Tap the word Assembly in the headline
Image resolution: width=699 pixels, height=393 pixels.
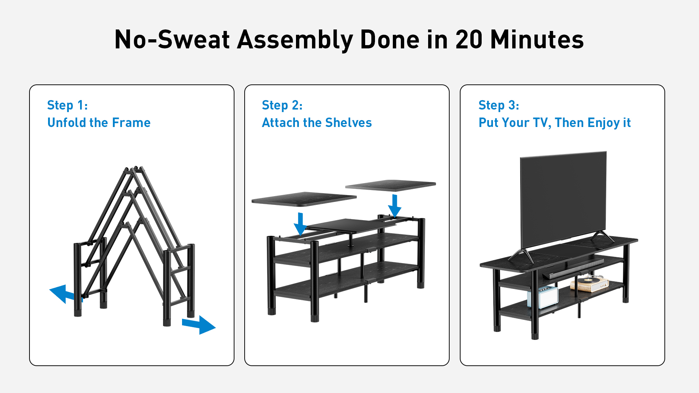click(x=295, y=40)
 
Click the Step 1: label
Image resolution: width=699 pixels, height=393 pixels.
click(x=67, y=105)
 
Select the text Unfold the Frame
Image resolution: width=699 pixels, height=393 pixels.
click(x=99, y=123)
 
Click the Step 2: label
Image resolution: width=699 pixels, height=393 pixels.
click(x=282, y=105)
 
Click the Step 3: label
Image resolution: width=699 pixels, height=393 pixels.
click(x=499, y=105)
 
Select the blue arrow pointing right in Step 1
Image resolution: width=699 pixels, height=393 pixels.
click(x=199, y=324)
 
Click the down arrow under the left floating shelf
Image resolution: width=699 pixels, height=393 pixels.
click(x=300, y=224)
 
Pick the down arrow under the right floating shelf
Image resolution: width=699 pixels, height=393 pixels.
click(x=395, y=206)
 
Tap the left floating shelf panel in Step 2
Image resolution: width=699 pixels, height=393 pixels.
click(x=304, y=199)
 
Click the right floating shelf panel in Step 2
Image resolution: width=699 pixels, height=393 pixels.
click(x=391, y=185)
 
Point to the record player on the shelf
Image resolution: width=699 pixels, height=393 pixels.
click(x=589, y=283)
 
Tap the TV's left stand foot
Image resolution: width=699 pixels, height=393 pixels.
click(x=521, y=256)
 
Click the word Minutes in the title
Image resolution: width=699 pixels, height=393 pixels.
click(x=537, y=39)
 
